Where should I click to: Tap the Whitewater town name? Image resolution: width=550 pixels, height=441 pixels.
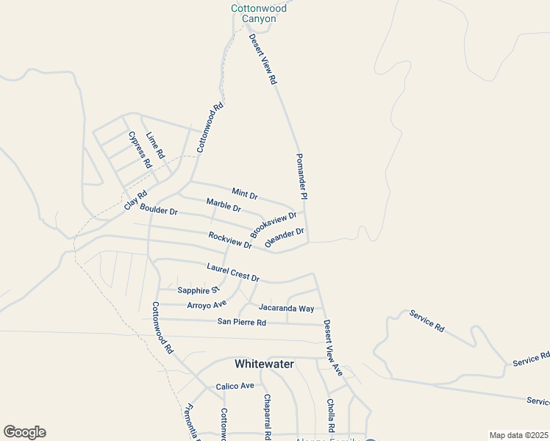coord(264,364)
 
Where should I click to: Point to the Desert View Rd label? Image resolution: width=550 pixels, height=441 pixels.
coord(262,59)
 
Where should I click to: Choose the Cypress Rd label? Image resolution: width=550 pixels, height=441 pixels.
coord(139,149)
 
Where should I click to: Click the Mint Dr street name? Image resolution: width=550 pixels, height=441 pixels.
coord(245,194)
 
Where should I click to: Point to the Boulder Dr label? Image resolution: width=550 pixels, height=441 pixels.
coord(159,210)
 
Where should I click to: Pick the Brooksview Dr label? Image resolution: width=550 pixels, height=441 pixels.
coord(273,224)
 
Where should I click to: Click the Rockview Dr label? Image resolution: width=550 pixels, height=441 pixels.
coord(230,240)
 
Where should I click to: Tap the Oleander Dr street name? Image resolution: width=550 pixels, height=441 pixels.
coord(285,237)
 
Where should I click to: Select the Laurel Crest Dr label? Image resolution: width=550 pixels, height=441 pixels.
coord(233,273)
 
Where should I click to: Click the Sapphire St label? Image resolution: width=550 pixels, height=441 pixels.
coord(199,290)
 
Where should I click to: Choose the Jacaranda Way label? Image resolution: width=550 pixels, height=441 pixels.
coord(286,308)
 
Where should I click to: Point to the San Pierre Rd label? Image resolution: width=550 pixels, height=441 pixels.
coord(241,322)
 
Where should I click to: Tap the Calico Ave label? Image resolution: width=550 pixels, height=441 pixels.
coord(235,386)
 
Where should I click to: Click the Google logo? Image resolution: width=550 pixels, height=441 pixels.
coord(24,432)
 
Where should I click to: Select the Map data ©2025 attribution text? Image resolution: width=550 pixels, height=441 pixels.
coord(518,435)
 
